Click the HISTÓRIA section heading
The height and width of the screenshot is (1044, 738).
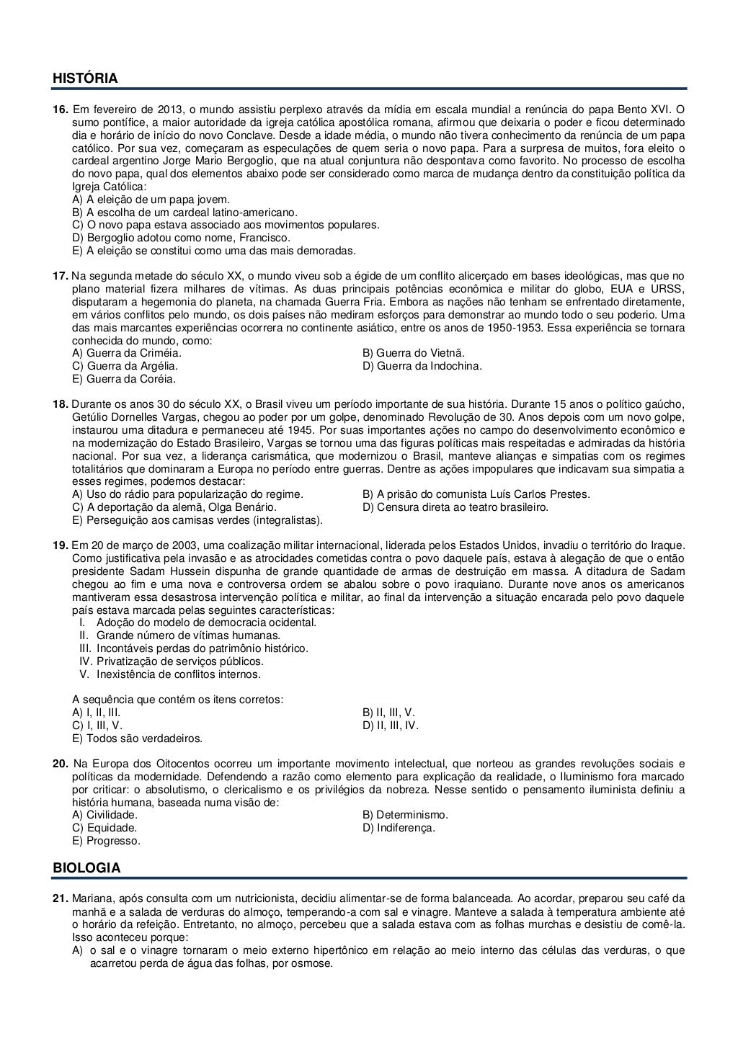pos(85,78)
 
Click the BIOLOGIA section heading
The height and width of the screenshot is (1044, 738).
pos(86,868)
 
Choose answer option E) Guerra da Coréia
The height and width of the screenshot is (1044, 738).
pos(124,379)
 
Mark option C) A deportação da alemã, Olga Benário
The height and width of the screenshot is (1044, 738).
pos(174,507)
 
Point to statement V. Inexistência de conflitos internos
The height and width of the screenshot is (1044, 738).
pos(170,674)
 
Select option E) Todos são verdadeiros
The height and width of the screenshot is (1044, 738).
pos(138,739)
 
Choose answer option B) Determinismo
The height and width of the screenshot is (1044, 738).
pos(406,815)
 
